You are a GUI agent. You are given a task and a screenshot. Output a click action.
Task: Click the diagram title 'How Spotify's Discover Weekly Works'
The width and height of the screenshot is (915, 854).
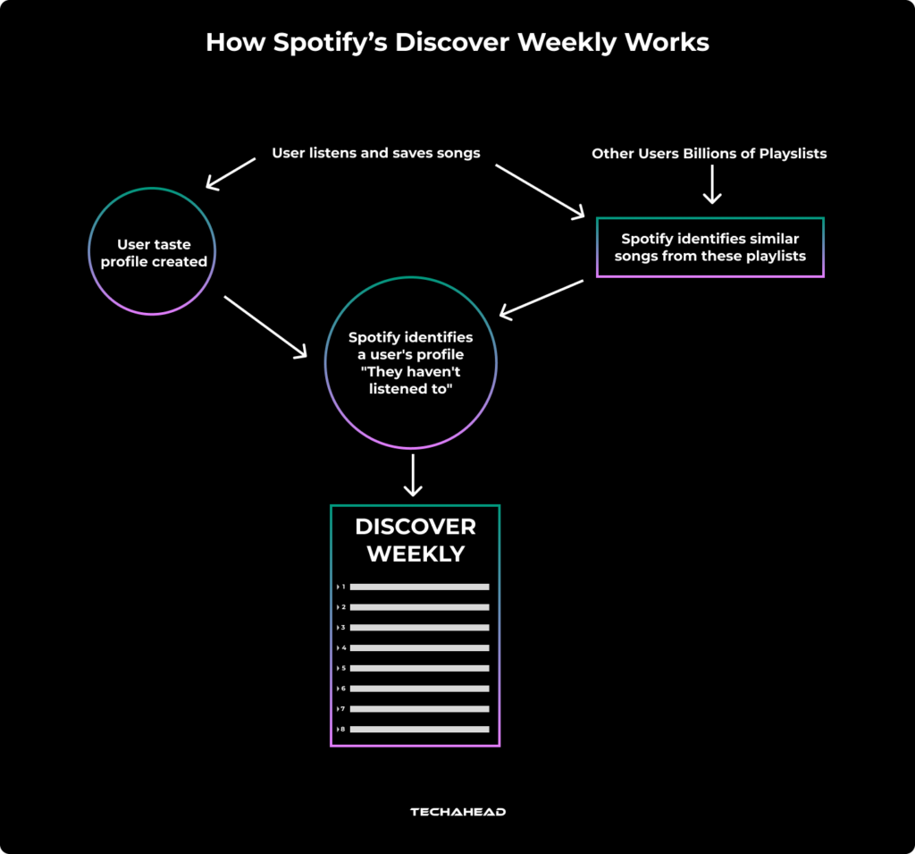pyautogui.click(x=457, y=42)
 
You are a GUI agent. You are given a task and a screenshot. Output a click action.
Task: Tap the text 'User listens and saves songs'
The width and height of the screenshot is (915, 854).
pyautogui.click(x=375, y=153)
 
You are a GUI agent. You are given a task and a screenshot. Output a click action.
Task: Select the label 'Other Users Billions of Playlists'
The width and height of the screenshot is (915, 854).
pyautogui.click(x=709, y=154)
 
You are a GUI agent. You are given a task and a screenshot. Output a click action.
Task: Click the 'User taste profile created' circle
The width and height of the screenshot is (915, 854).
pyautogui.click(x=153, y=252)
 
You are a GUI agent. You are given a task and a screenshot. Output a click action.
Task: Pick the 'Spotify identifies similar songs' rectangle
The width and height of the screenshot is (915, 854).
pyautogui.click(x=709, y=248)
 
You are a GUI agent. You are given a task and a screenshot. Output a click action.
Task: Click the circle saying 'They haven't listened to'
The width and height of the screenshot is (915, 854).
pyautogui.click(x=410, y=363)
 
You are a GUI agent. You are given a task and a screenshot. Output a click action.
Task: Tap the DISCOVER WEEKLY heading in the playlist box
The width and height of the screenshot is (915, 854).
pyautogui.click(x=415, y=539)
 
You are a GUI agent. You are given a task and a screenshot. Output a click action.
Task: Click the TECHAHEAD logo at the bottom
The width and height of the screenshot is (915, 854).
pyautogui.click(x=457, y=812)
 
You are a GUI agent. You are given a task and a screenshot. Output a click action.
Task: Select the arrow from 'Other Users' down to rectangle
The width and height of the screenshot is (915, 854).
pyautogui.click(x=711, y=185)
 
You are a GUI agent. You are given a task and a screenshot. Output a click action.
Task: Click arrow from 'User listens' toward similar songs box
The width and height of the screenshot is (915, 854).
pyautogui.click(x=539, y=190)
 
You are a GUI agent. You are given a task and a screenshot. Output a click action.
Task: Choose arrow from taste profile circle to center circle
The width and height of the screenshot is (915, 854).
pyautogui.click(x=264, y=327)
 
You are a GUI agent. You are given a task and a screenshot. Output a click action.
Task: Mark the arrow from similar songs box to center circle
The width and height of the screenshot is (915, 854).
pyautogui.click(x=541, y=298)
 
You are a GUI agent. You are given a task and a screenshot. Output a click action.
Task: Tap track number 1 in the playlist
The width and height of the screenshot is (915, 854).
pyautogui.click(x=342, y=587)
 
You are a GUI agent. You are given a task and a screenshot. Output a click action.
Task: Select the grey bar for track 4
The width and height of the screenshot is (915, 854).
pyautogui.click(x=419, y=647)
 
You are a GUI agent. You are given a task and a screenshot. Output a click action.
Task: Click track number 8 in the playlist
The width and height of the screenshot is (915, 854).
pyautogui.click(x=342, y=730)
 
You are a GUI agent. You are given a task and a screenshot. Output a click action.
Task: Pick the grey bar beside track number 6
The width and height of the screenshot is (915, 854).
pyautogui.click(x=419, y=689)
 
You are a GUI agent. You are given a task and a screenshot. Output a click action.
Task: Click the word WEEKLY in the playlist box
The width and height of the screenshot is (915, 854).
pyautogui.click(x=415, y=554)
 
